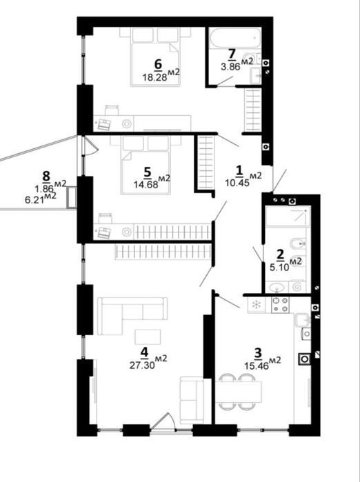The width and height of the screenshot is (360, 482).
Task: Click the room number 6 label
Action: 158,64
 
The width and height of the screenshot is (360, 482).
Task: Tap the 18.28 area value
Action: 154,77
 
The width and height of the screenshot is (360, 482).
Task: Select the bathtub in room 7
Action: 235,38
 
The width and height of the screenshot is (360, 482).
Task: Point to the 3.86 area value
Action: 230,66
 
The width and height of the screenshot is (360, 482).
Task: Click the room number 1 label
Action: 239,170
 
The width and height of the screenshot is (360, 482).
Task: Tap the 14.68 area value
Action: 146,184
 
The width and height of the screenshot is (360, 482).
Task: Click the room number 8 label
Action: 46,177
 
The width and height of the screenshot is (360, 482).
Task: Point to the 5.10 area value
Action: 280,267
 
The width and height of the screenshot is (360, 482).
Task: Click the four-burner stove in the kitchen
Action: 281,304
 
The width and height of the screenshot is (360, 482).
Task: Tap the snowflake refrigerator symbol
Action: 256,305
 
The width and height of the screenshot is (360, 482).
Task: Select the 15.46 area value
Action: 257,365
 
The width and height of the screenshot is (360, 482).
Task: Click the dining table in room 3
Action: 239,392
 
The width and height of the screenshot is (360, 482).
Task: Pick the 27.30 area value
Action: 142,365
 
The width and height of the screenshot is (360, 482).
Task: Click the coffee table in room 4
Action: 148,337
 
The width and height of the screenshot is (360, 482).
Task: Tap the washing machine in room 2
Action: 298,287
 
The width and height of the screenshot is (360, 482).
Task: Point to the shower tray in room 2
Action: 286,217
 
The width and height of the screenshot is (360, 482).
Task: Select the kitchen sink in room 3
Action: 303,321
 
